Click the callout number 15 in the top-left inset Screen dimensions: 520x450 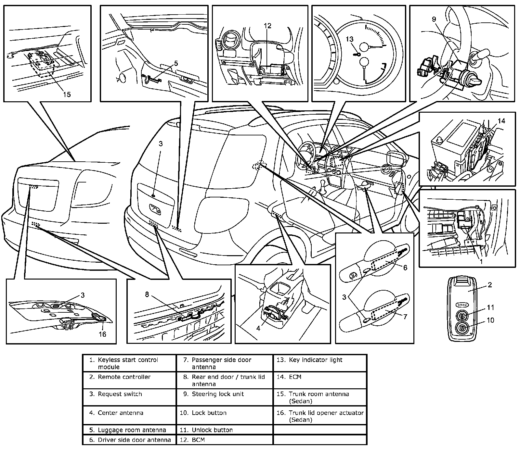[x=67, y=94]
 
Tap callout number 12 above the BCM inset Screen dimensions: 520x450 [x=267, y=26]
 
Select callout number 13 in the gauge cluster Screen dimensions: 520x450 [x=349, y=39]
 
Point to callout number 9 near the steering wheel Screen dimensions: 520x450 [x=434, y=19]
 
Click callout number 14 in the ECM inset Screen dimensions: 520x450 [x=501, y=121]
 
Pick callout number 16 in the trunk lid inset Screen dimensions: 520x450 [x=102, y=334]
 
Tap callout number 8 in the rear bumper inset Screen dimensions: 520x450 [x=147, y=294]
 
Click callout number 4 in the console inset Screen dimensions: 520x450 [x=258, y=328]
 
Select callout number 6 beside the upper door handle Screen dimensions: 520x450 [x=405, y=268]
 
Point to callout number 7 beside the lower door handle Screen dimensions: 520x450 [x=405, y=317]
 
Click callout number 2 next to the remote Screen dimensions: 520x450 [x=490, y=285]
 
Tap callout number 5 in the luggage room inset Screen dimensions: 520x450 [x=176, y=64]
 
